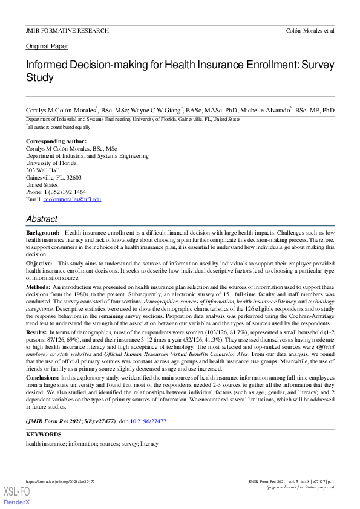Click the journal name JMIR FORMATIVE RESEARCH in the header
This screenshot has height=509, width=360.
67,30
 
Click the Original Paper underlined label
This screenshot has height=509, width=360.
47,46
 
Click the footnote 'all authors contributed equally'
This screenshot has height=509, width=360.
59,127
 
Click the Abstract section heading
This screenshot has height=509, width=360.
42,219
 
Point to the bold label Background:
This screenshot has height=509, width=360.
42,233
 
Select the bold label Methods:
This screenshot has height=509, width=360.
38,286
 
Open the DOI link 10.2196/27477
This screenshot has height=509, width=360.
148,421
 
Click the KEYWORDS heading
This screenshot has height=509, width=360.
44,434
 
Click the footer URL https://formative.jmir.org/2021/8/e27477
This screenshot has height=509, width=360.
60,482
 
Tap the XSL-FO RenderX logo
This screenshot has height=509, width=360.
17,496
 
